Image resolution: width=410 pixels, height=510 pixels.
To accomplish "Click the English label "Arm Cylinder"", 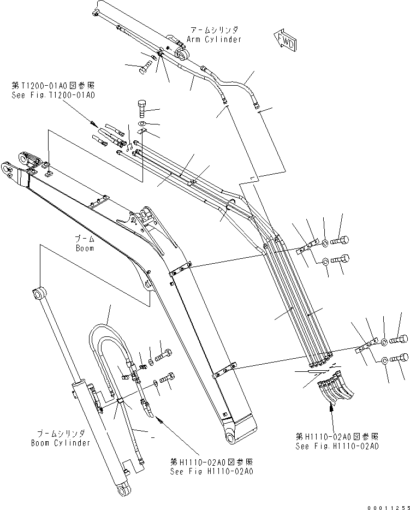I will [213, 39].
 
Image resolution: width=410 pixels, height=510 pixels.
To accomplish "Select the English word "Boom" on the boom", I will [85, 248].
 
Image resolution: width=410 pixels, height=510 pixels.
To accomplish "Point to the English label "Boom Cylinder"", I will [61, 442].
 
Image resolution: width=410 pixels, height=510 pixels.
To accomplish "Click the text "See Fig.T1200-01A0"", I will [53, 94].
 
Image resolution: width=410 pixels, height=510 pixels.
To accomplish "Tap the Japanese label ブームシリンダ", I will [61, 434].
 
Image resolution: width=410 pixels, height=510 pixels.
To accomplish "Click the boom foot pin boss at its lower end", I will [229, 438].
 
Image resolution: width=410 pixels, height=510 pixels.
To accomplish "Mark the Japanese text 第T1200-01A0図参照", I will [53, 86].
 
